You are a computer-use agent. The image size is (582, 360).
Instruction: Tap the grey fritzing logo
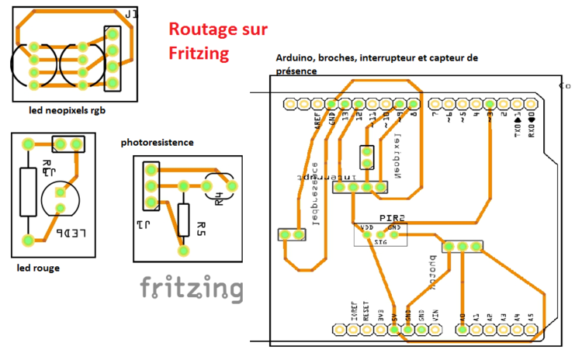(x=191, y=289)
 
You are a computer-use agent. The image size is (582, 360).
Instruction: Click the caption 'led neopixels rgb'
(x=67, y=110)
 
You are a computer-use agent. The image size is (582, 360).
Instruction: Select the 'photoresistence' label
(x=158, y=143)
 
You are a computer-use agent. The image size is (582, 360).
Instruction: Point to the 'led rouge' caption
(x=39, y=268)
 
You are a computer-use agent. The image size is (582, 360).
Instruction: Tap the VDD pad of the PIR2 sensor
(x=366, y=233)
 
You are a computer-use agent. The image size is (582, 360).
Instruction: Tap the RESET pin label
(x=366, y=313)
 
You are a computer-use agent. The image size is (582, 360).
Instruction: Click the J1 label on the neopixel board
(x=133, y=15)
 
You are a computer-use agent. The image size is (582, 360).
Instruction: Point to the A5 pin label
(x=531, y=316)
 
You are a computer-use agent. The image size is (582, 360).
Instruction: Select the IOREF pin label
(x=353, y=313)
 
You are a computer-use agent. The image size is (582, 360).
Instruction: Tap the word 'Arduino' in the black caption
(x=295, y=58)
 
